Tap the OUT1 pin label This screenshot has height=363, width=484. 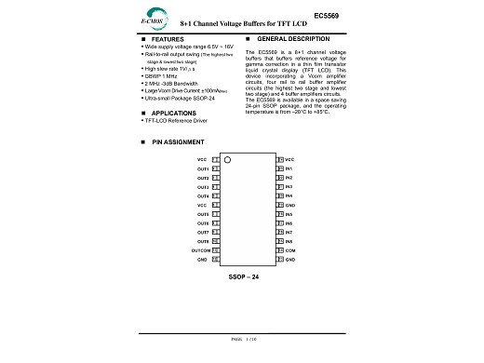point(202,168)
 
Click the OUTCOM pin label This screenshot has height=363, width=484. point(199,250)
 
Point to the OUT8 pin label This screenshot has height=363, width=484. point(202,241)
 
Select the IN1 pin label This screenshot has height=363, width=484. point(289,168)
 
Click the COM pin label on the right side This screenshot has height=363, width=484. point(289,250)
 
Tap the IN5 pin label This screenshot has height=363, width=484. point(289,214)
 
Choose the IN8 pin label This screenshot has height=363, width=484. point(289,241)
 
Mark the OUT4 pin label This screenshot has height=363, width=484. point(202,196)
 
